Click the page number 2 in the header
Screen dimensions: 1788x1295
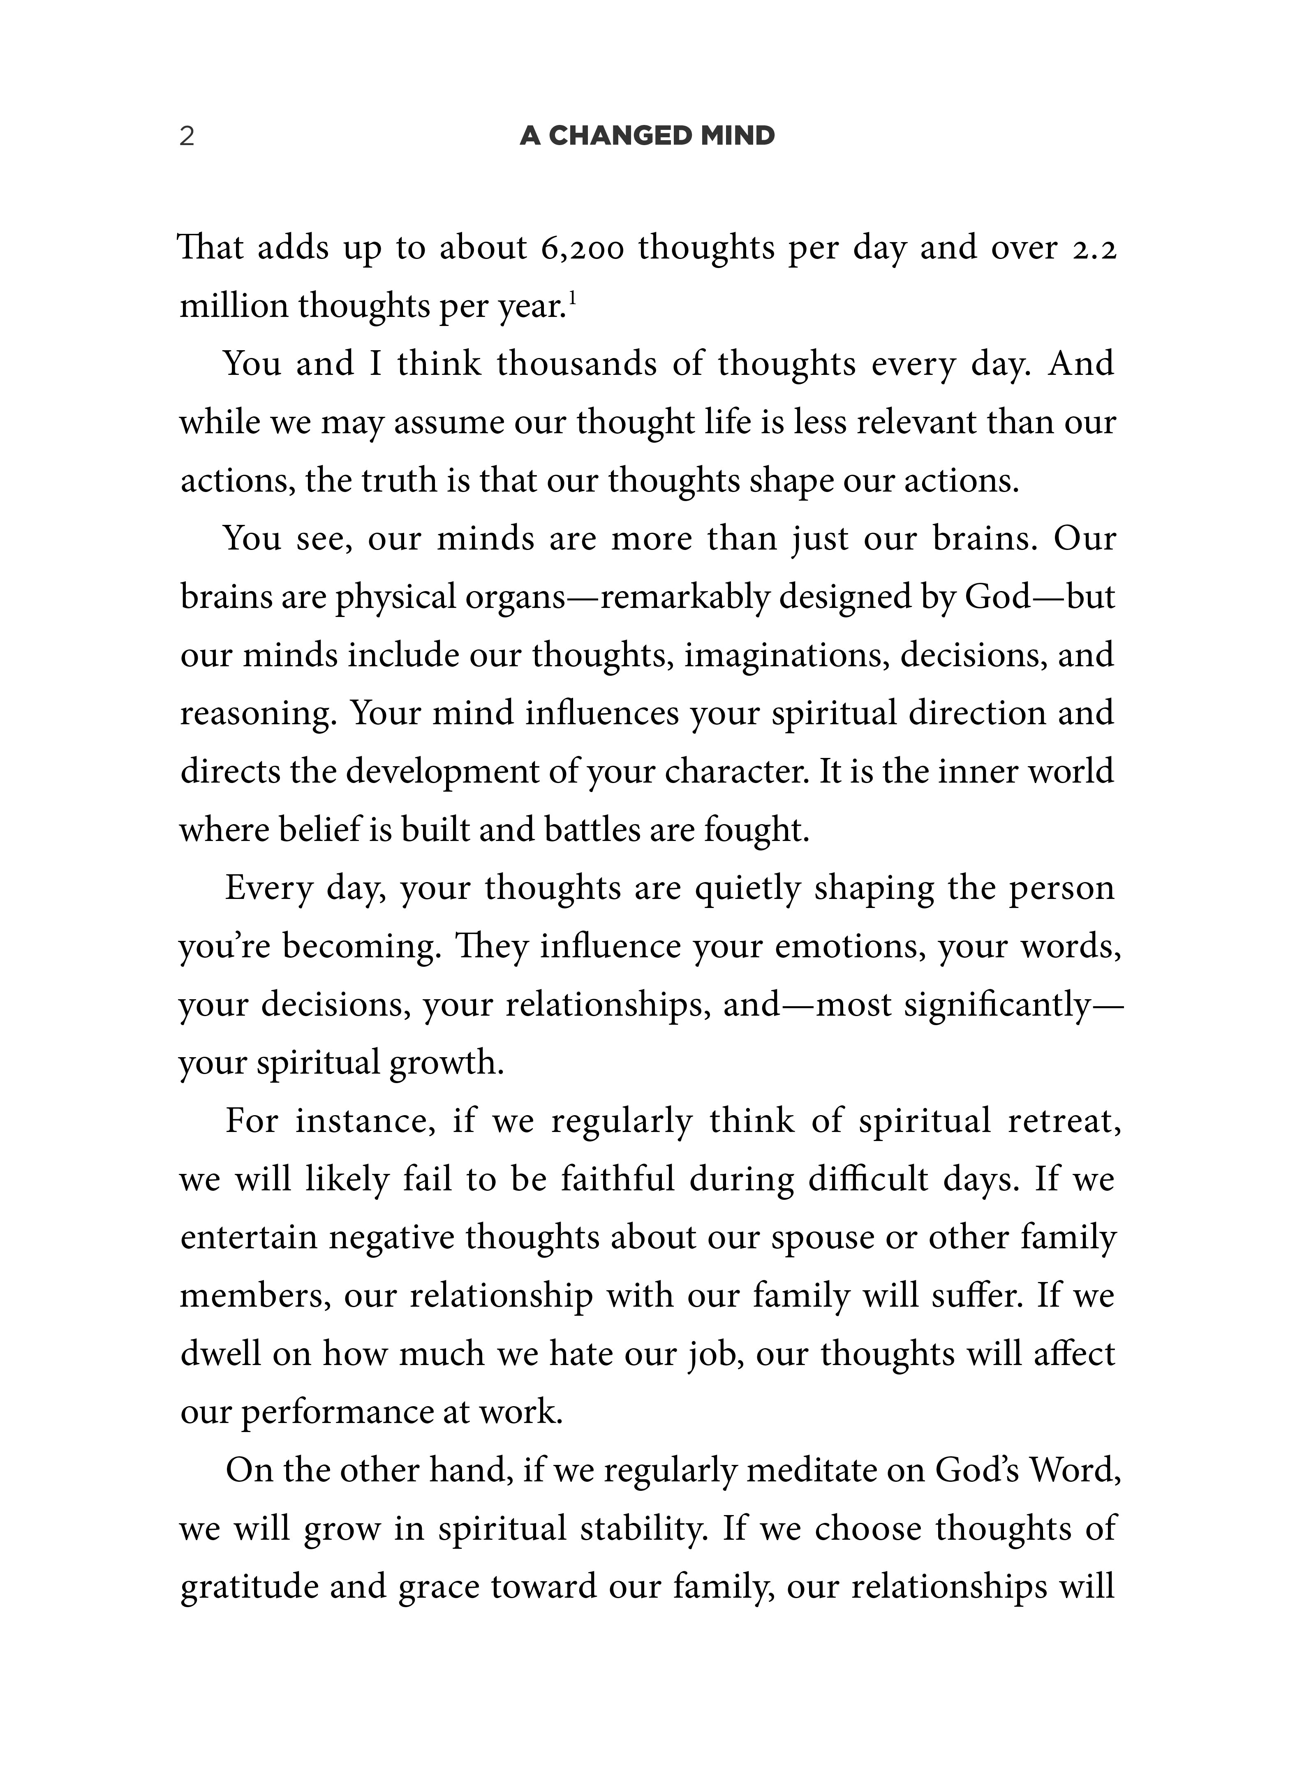coord(187,136)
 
